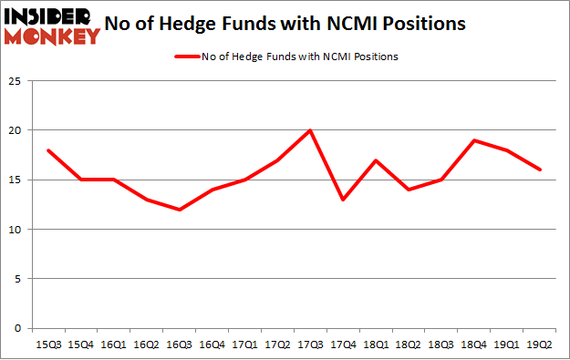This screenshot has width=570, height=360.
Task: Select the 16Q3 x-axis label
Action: (181, 345)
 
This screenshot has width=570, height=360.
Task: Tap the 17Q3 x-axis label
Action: (310, 345)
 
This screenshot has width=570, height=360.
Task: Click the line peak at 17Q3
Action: (310, 130)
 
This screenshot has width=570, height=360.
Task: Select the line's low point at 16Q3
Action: (181, 210)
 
